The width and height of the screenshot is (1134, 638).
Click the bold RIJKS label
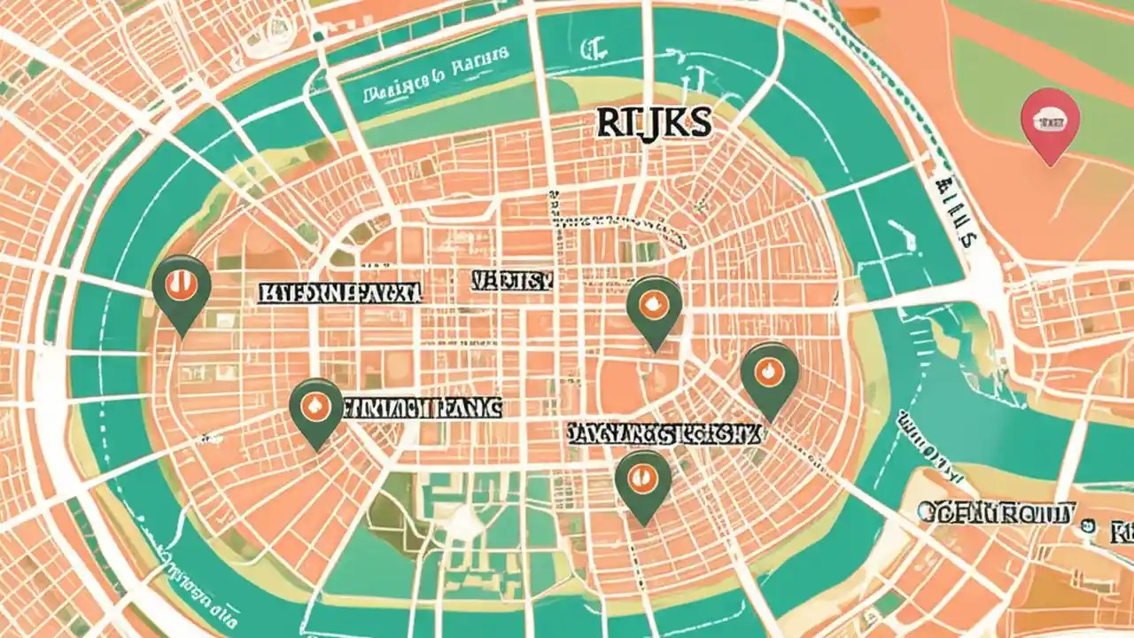point(654,124)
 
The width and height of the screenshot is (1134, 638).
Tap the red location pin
point(1050,124)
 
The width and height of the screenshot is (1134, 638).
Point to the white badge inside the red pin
point(1050,115)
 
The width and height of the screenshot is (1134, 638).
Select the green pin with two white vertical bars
point(182,288)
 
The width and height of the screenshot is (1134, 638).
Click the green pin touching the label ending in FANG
point(316,409)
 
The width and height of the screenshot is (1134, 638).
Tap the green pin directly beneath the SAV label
point(643,482)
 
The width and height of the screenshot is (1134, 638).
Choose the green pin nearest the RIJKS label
point(654,307)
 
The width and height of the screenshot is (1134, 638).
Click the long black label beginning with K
point(340,294)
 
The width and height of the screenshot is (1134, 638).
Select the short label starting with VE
point(512,282)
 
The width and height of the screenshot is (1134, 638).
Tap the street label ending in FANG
point(422,408)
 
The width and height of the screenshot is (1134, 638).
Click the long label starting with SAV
point(663,433)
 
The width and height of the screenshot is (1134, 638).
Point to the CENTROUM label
point(996,512)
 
